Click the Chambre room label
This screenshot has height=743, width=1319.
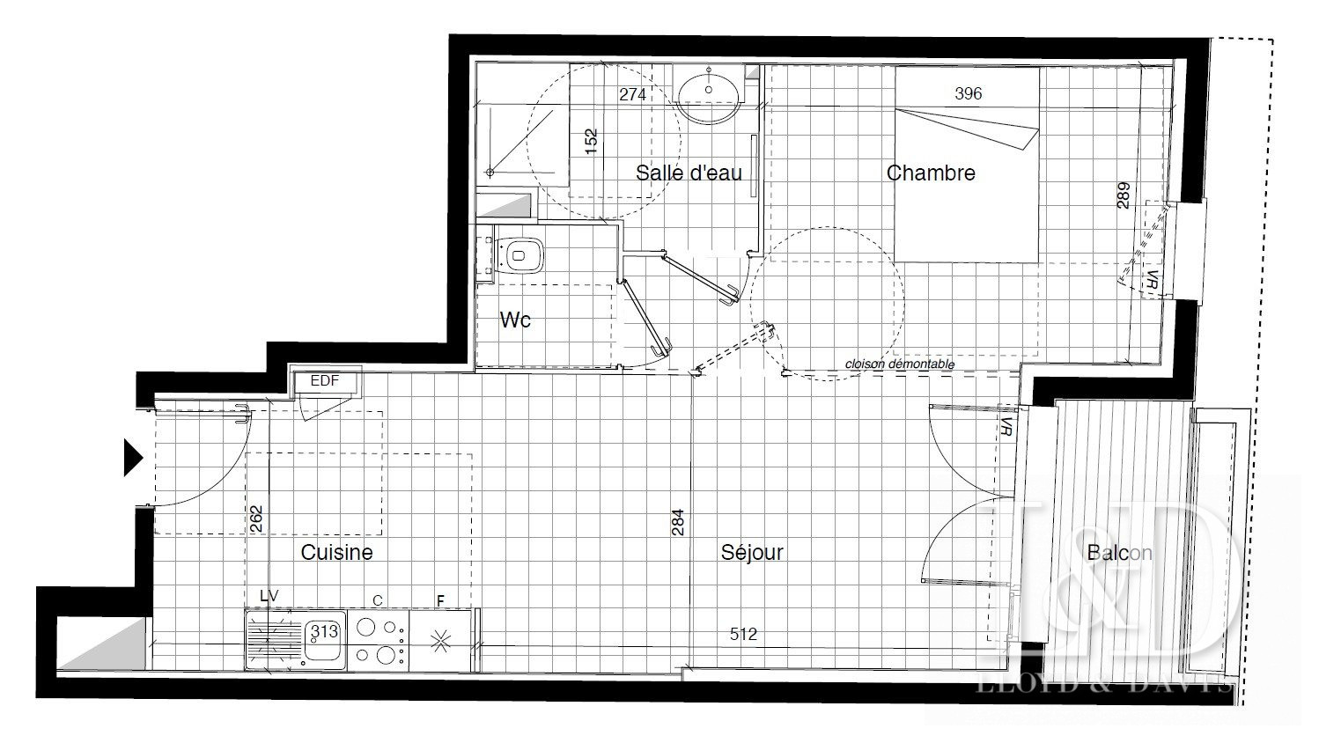click(x=931, y=173)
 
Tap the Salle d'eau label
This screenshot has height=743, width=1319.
click(x=689, y=173)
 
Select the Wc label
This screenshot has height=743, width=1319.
click(x=515, y=320)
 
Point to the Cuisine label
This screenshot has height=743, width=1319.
click(x=336, y=552)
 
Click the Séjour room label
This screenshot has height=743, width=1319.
click(x=752, y=552)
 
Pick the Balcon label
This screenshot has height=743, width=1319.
click(x=1119, y=552)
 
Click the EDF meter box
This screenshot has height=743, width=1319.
click(x=325, y=381)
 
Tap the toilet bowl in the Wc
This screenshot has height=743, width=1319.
click(x=518, y=255)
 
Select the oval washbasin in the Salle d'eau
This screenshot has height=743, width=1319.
click(x=709, y=94)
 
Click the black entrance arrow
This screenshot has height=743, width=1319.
click(x=133, y=457)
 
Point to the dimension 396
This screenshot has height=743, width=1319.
click(x=968, y=93)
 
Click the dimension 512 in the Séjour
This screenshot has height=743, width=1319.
click(x=743, y=634)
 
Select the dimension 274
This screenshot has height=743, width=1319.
click(x=632, y=94)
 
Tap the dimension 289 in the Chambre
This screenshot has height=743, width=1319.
click(x=1123, y=195)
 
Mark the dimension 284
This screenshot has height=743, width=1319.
click(x=678, y=522)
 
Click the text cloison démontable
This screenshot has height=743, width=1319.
click(x=900, y=364)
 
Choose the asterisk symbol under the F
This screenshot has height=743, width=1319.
click(x=440, y=641)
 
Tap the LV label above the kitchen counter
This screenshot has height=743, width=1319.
click(x=269, y=596)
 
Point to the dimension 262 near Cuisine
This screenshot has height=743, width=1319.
click(x=256, y=519)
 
